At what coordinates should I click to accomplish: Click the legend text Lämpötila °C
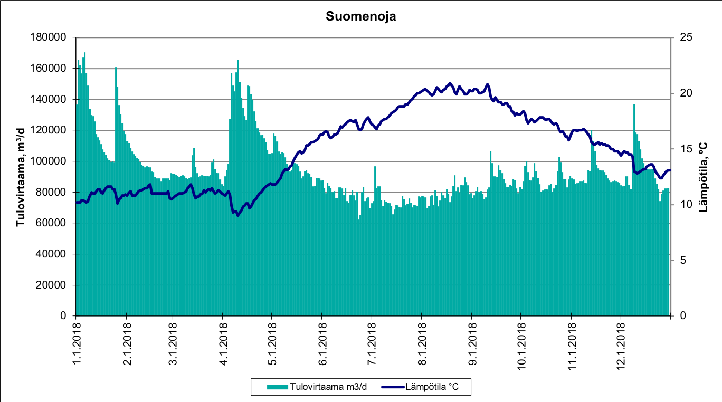point(432,387)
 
